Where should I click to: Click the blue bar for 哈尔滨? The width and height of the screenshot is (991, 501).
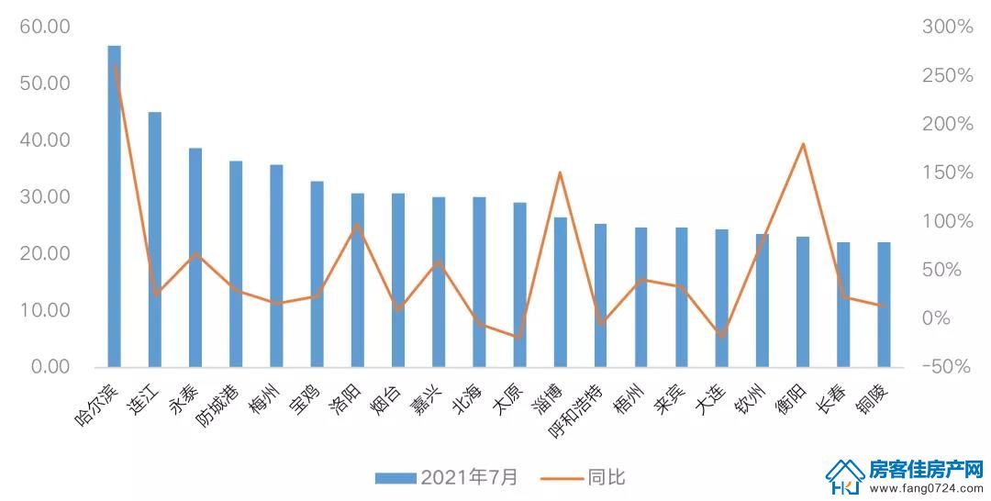click(x=115, y=206)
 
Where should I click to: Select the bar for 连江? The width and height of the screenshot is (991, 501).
click(x=155, y=239)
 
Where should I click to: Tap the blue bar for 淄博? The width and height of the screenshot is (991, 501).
click(x=560, y=292)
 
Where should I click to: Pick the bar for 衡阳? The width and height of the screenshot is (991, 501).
click(x=803, y=302)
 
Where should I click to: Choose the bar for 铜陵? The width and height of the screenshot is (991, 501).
click(x=884, y=305)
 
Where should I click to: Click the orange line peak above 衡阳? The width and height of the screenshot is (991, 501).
click(x=803, y=144)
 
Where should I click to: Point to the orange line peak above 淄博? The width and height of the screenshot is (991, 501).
click(x=560, y=173)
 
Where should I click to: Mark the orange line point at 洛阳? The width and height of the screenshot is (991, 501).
click(x=357, y=224)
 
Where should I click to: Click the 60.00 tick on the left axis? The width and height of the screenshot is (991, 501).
click(x=45, y=27)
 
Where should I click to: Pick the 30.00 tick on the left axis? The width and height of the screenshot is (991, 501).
click(x=45, y=196)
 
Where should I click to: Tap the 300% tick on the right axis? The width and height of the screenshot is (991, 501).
click(x=947, y=27)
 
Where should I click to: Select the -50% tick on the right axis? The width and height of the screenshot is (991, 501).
click(x=945, y=366)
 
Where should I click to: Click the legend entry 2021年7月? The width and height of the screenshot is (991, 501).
click(x=448, y=477)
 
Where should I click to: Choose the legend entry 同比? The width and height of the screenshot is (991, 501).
click(x=583, y=477)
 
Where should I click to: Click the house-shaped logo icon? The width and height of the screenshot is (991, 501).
click(x=845, y=476)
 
